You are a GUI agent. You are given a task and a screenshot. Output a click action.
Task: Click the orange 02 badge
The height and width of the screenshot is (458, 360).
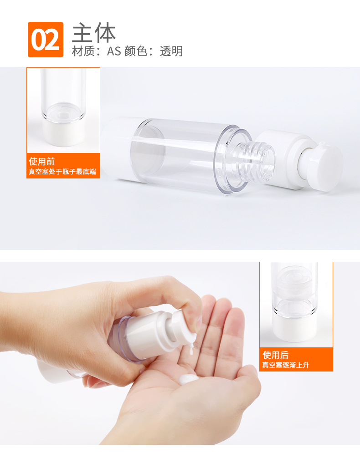[45, 40]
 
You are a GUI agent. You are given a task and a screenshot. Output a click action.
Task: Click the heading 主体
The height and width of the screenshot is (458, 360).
[94, 33]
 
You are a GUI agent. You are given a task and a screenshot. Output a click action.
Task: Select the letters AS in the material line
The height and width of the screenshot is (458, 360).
[114, 51]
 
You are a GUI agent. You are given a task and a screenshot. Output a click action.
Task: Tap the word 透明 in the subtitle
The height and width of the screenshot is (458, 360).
[171, 51]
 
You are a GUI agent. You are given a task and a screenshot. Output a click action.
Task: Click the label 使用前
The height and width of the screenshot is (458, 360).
[42, 162]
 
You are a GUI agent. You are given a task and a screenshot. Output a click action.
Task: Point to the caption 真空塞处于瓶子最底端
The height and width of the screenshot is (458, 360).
[62, 172]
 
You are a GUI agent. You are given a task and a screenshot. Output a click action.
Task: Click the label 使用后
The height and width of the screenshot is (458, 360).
[276, 355]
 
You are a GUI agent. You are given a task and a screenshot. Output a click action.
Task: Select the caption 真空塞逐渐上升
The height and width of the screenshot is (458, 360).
[285, 365]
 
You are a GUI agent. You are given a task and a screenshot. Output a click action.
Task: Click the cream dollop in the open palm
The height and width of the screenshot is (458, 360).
[189, 379]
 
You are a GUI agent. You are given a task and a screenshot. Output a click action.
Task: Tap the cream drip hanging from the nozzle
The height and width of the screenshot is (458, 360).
[191, 349]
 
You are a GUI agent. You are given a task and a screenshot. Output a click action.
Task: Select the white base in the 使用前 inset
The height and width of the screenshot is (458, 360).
[63, 133]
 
